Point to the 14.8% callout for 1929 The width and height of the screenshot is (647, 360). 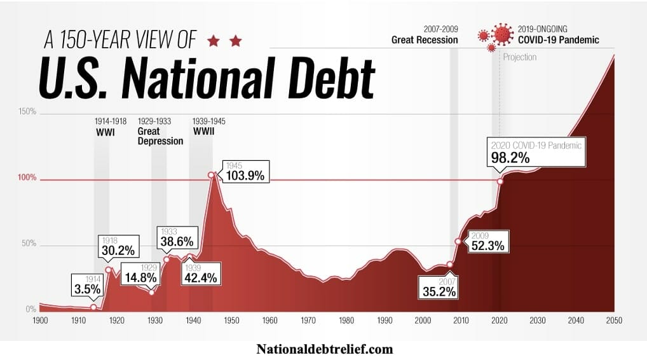[x=139, y=277]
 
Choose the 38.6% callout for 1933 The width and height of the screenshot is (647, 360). [x=177, y=242]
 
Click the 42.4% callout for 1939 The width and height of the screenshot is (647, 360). [x=201, y=277]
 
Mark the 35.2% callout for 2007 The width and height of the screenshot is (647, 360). [x=439, y=292]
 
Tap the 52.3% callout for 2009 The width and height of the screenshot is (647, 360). [x=487, y=245]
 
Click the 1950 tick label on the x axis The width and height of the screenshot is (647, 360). [x=231, y=321]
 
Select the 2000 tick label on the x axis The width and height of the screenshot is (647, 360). [x=423, y=321]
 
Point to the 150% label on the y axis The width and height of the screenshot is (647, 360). [x=27, y=112]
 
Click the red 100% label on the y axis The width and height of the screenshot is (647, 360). [x=27, y=179]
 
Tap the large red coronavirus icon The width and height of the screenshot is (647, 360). [x=503, y=34]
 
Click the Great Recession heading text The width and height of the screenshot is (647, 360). [x=424, y=40]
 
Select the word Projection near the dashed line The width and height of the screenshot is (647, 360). [x=520, y=57]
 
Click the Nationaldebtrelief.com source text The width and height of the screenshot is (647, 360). [x=325, y=349]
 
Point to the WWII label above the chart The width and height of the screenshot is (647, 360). [x=203, y=132]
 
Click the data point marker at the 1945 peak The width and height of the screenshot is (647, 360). [x=211, y=175]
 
